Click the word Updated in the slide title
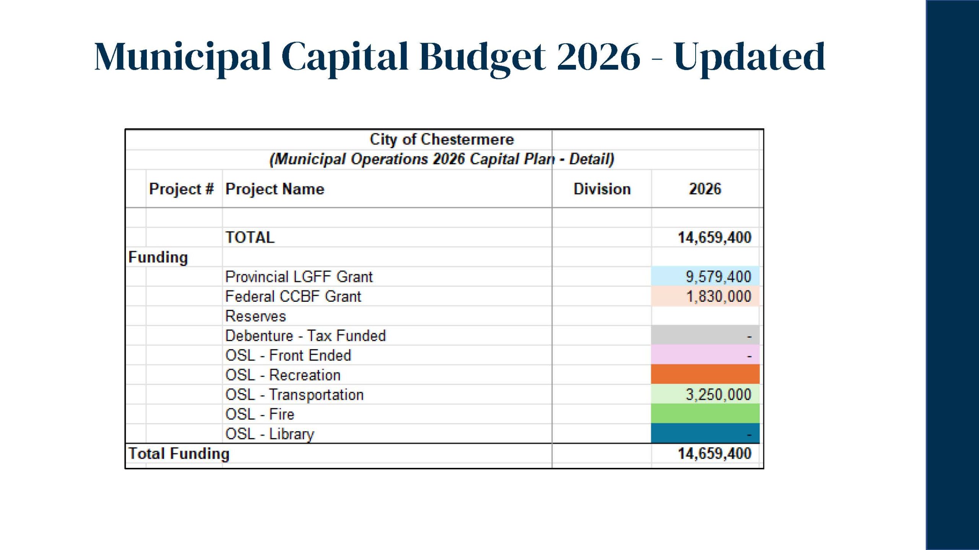(749, 57)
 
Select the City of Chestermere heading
(441, 139)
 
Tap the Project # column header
(181, 189)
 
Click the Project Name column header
(275, 189)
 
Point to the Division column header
(602, 189)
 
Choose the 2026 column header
(705, 189)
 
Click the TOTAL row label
(250, 238)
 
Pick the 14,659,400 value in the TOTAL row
(714, 238)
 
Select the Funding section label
(158, 257)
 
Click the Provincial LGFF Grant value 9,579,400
(718, 277)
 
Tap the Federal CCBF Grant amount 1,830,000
(718, 296)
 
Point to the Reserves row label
(255, 316)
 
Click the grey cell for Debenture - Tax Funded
(705, 336)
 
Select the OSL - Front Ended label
(288, 356)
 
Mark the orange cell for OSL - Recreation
(705, 375)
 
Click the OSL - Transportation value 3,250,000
(718, 395)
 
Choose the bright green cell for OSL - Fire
(705, 414)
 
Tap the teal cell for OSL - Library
(705, 434)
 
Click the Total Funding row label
(179, 454)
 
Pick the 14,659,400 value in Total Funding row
(714, 454)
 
